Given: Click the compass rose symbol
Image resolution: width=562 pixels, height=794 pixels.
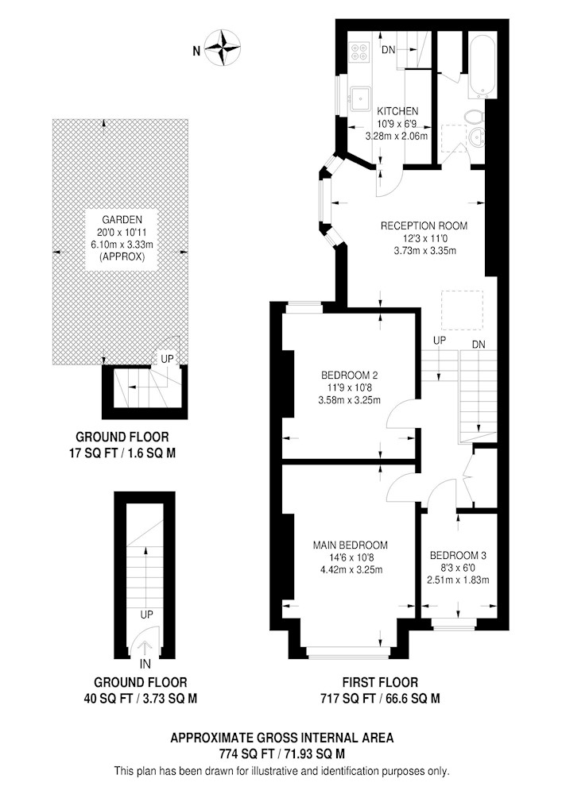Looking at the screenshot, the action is [x=223, y=48].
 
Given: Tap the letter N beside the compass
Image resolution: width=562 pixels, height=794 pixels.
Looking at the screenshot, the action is [x=196, y=50].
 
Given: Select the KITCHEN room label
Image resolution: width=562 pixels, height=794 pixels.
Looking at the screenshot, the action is [x=397, y=111].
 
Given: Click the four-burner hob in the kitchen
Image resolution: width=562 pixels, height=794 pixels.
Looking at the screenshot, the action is [x=360, y=50].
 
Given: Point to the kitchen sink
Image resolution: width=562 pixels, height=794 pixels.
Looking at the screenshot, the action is [x=360, y=98].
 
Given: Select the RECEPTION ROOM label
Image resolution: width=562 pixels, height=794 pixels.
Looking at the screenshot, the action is [x=424, y=225].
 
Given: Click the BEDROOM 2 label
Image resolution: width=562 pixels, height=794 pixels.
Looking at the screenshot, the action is [x=350, y=376].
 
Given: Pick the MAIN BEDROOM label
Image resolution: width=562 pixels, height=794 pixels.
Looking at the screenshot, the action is [x=351, y=545].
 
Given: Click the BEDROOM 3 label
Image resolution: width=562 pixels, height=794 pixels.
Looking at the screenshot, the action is [x=458, y=556].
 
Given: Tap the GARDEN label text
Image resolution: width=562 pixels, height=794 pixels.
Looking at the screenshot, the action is [x=122, y=220].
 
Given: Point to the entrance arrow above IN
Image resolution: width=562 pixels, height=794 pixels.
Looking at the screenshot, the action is [x=145, y=649].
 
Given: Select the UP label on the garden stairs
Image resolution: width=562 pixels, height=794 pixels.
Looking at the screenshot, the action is [x=167, y=359].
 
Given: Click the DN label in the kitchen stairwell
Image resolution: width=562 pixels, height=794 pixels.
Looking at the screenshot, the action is [x=389, y=49].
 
